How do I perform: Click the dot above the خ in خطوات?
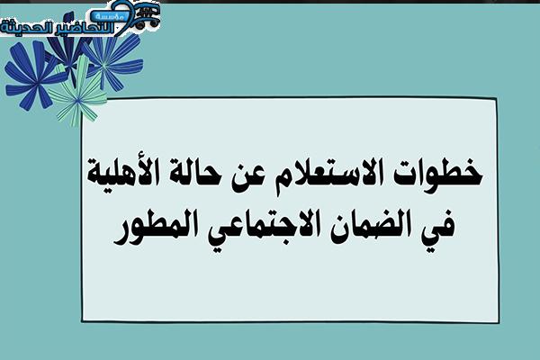[469, 160]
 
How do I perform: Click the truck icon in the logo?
[148, 16]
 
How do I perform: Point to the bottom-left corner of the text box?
[83, 319]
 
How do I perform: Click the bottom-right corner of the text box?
[499, 322]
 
